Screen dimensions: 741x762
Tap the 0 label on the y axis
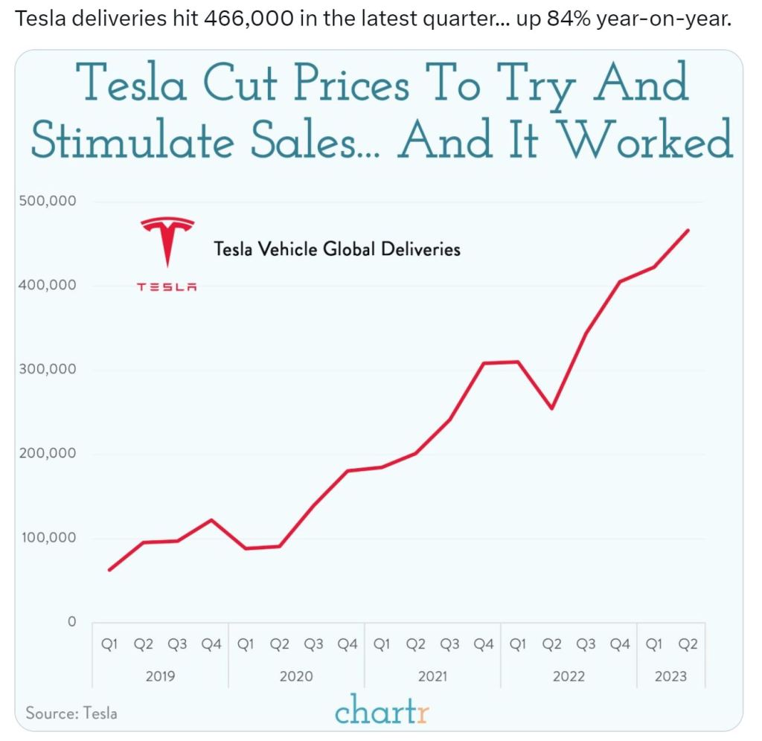[72, 622]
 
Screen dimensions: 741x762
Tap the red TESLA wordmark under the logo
[167, 286]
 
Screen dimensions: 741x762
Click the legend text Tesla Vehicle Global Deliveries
[337, 248]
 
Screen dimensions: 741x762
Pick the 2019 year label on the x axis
[160, 677]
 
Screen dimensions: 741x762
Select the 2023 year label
[671, 677]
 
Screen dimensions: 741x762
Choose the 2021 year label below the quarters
[432, 677]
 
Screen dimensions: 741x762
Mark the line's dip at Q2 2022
[551, 408]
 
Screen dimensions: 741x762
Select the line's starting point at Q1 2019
[109, 570]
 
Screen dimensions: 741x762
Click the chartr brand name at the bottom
[382, 709]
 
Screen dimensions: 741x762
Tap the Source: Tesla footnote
[71, 713]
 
